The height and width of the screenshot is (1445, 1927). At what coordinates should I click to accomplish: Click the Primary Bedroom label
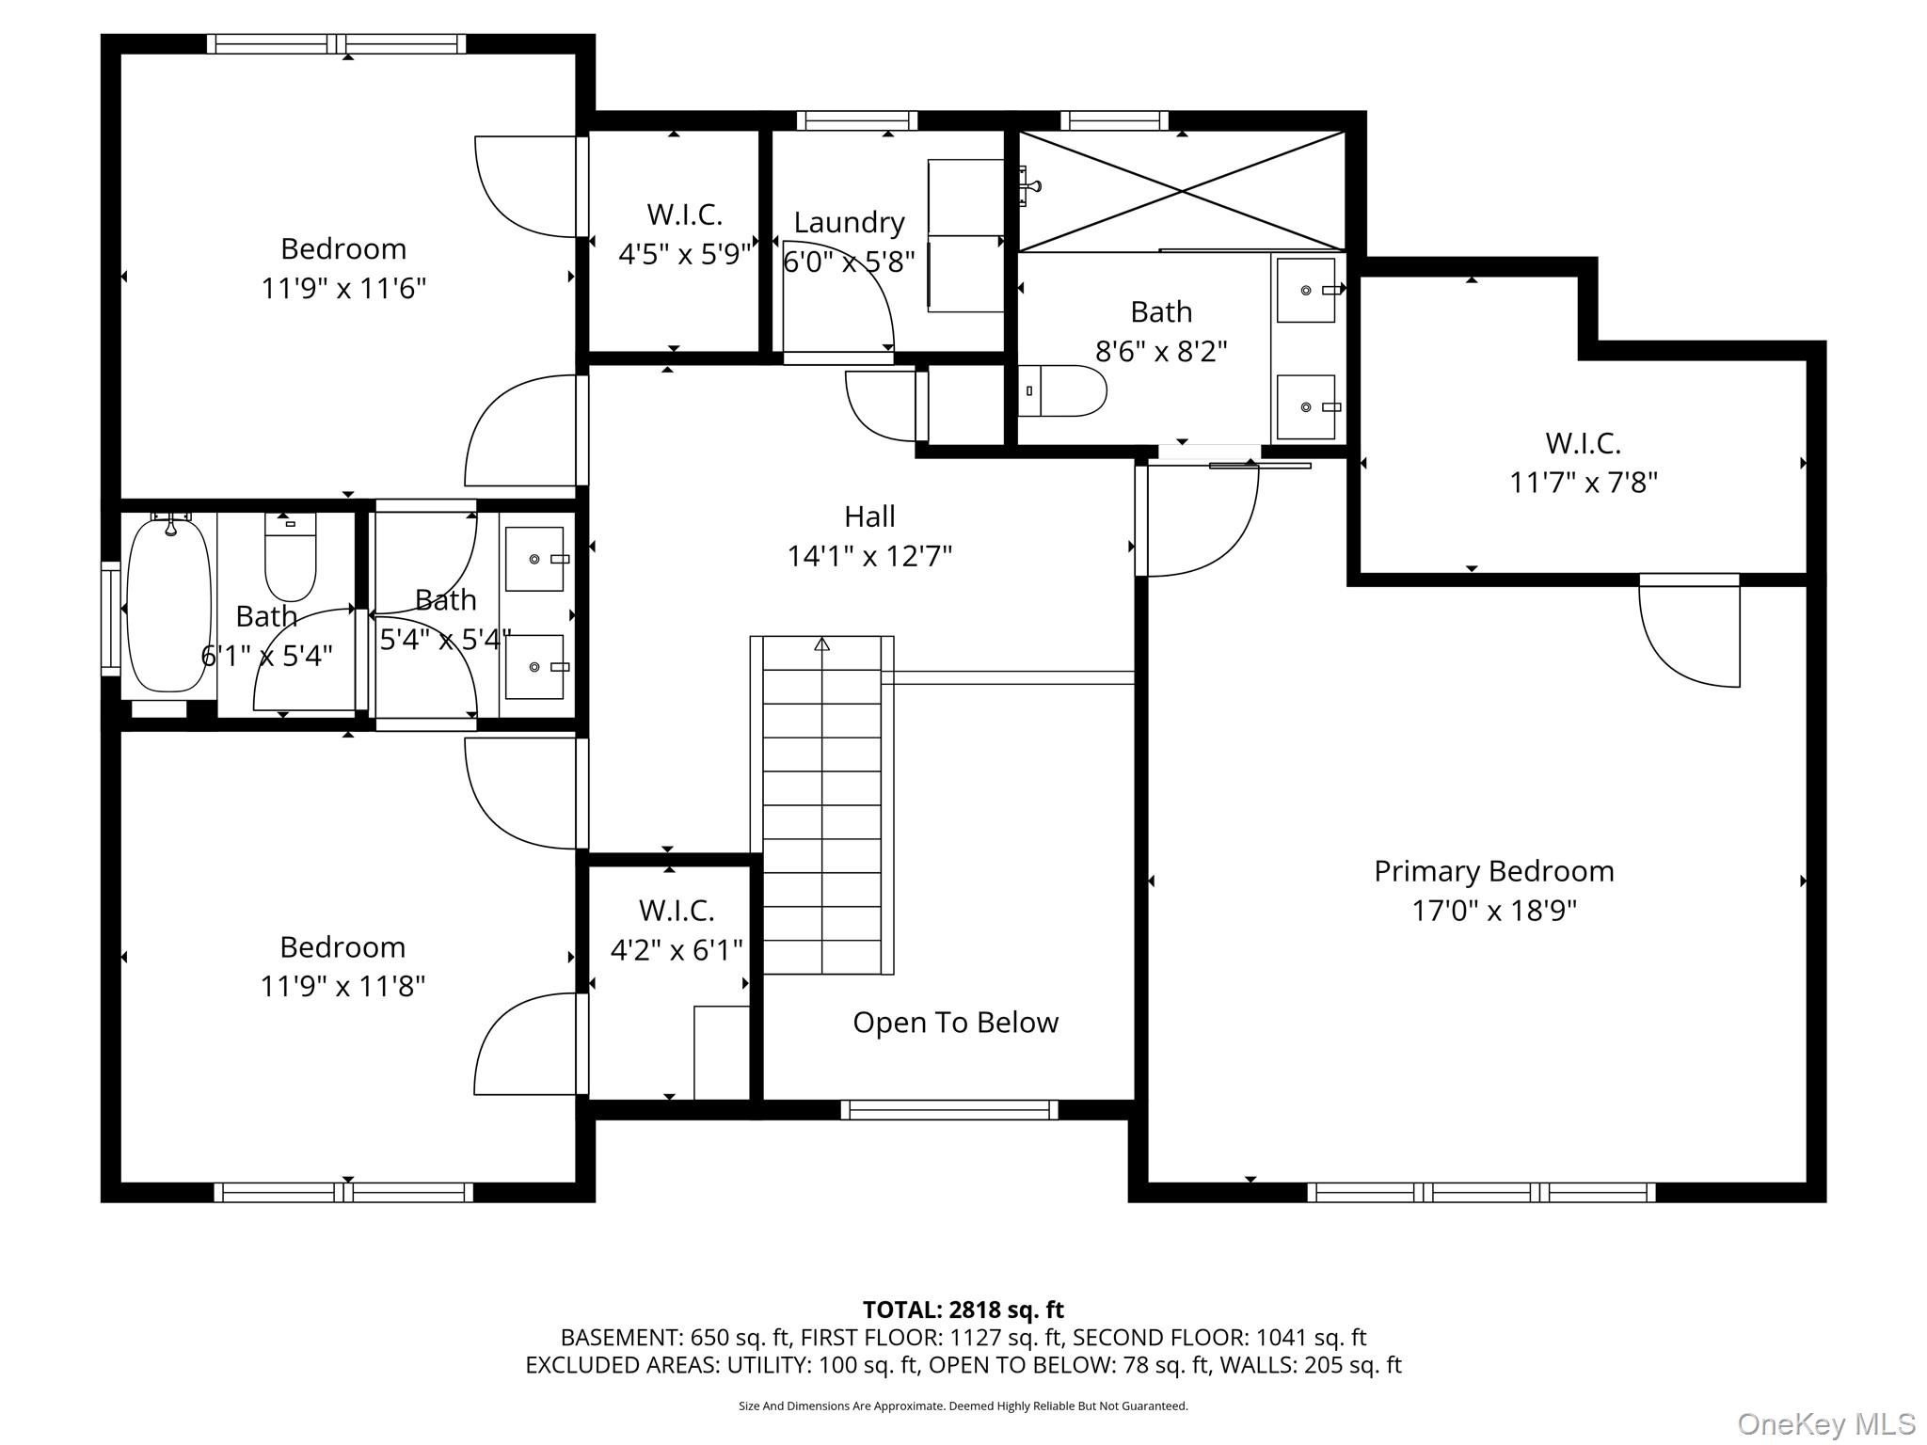[x=1493, y=871]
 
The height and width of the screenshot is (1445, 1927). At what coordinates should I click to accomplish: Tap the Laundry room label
[x=849, y=222]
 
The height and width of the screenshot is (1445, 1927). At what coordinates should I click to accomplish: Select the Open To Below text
[x=955, y=1023]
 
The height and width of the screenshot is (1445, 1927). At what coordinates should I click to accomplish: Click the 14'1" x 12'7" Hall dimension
[x=869, y=556]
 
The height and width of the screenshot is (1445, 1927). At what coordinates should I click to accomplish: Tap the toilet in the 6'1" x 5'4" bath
[x=290, y=557]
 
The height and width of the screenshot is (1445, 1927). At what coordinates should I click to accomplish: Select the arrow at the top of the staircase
[x=821, y=645]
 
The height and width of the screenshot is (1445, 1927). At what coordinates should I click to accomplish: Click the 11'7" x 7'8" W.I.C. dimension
[x=1583, y=483]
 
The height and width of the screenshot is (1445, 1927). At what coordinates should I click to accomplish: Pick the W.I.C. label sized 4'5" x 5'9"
[x=684, y=214]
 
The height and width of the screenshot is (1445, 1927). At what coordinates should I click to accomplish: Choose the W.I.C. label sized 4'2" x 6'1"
[x=677, y=911]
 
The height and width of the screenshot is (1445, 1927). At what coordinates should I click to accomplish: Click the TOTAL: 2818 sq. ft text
[x=963, y=1310]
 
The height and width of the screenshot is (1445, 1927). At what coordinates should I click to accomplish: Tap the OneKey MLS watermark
[x=1825, y=1423]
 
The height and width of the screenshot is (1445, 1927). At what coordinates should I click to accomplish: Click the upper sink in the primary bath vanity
[x=1306, y=291]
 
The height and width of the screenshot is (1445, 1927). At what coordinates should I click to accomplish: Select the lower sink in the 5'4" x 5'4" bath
[x=534, y=667]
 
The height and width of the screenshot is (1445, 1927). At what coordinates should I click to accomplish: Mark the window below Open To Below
[x=948, y=1110]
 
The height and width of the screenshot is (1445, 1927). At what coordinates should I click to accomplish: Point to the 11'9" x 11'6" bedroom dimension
[x=343, y=288]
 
